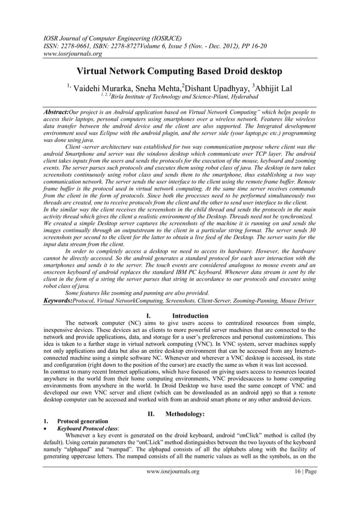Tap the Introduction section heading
(x=190, y=315)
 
